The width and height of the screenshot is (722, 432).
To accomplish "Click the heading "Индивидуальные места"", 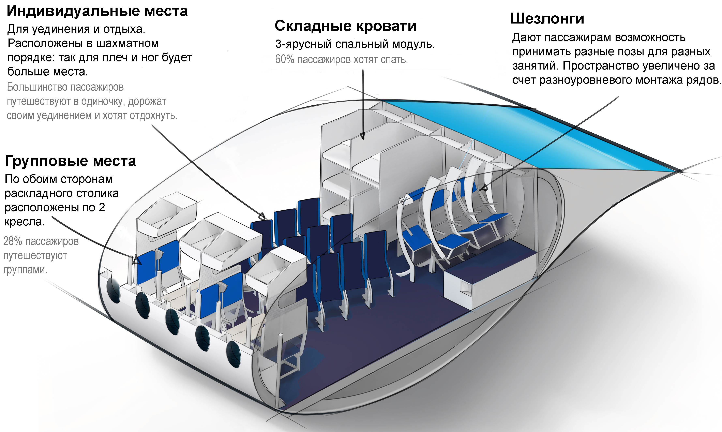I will [x=97, y=11].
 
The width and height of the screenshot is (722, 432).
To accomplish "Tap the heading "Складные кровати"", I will [x=345, y=26].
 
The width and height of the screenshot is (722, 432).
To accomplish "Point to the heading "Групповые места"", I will [x=70, y=161].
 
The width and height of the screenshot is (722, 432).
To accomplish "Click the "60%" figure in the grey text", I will [x=285, y=60].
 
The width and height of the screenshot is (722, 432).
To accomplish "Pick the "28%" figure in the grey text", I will [x=13, y=241].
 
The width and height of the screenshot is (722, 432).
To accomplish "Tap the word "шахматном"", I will [x=127, y=43].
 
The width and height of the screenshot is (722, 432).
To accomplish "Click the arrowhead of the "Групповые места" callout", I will [x=136, y=260].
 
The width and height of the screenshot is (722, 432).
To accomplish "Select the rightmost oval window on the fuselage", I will [x=233, y=354].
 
